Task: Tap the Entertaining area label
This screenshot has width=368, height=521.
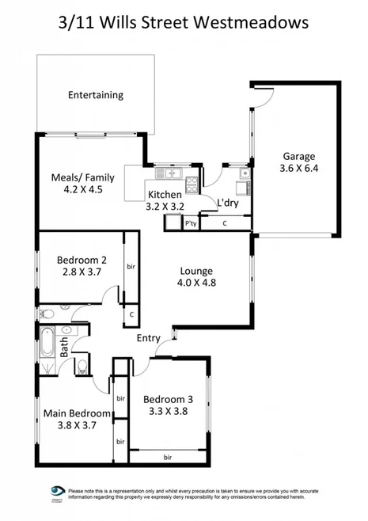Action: click(95, 95)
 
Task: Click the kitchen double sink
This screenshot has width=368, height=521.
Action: click(169, 173)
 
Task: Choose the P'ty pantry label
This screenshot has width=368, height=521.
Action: click(190, 224)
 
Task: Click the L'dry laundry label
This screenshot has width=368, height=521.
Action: click(228, 203)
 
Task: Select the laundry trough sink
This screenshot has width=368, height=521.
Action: click(246, 172)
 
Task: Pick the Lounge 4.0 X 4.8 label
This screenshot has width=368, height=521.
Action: click(194, 274)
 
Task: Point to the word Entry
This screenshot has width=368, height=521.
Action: click(149, 338)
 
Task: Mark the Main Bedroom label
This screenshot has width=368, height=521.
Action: click(76, 413)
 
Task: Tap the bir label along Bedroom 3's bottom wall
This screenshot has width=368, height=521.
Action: click(168, 457)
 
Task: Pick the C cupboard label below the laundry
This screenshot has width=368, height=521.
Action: click(225, 224)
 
